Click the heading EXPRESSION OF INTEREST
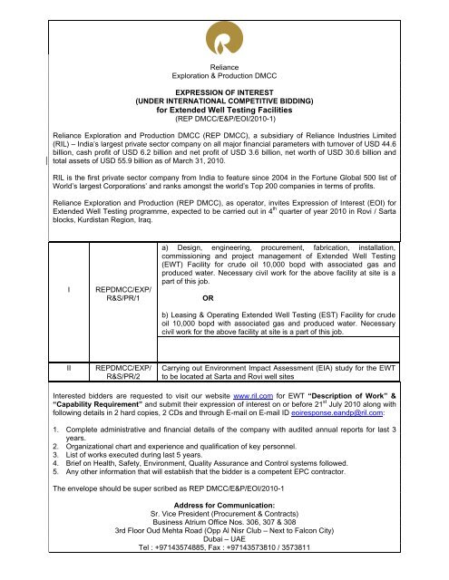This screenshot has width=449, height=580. [x=223, y=92]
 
